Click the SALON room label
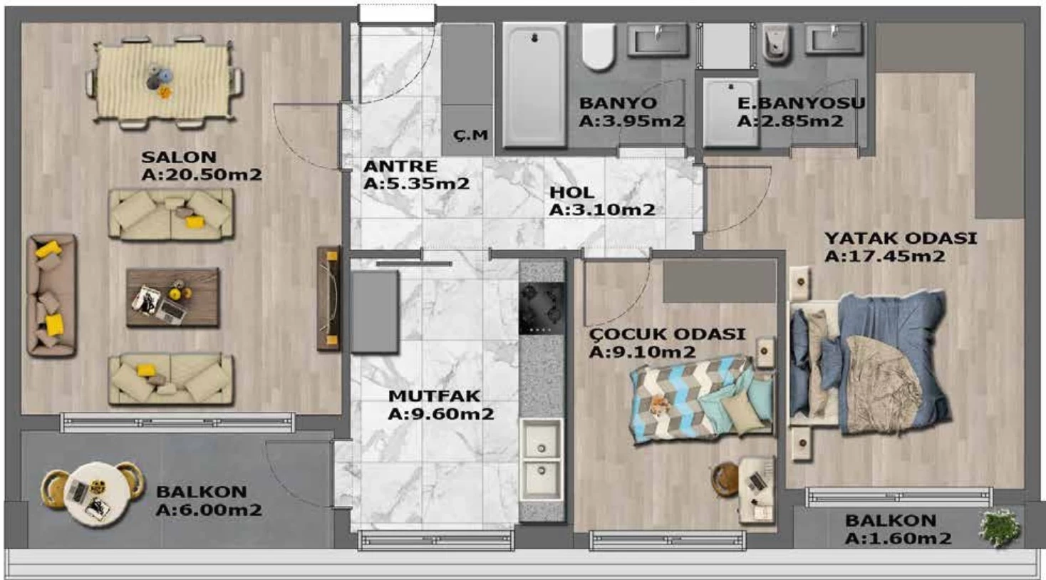[x=172, y=157]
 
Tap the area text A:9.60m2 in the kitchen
[x=441, y=414]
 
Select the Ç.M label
[x=471, y=135]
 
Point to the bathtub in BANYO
[x=534, y=85]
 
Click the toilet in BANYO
[x=598, y=47]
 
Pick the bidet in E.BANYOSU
[x=776, y=43]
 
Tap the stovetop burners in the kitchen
[x=542, y=309]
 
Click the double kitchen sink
[x=542, y=460]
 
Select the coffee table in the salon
[x=172, y=297]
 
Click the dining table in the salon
[x=164, y=81]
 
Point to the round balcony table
[x=93, y=494]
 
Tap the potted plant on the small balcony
[x=1000, y=527]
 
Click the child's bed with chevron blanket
[x=700, y=398]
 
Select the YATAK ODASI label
[x=901, y=238]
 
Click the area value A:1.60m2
[x=898, y=539]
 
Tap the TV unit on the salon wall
[x=329, y=299]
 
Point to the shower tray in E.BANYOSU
[x=731, y=112]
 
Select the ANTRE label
[x=400, y=166]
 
